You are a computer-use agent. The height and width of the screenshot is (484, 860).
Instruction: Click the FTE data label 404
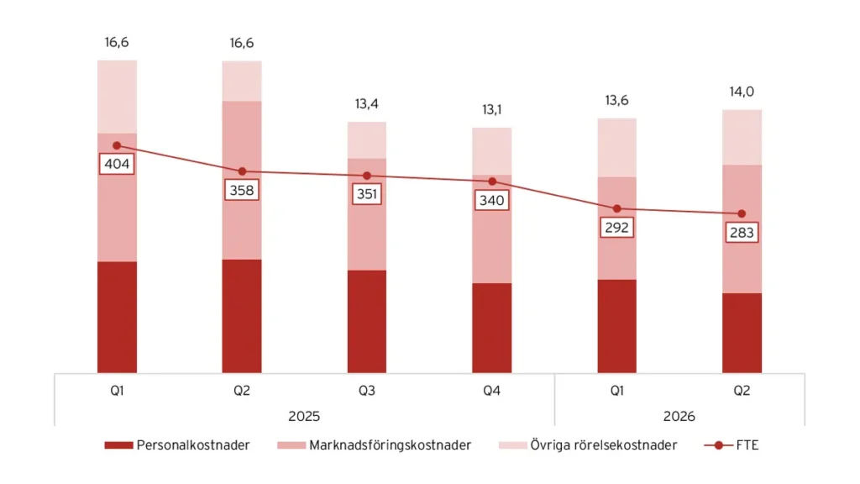click(117, 164)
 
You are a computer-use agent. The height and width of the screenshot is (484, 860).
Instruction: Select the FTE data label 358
click(242, 191)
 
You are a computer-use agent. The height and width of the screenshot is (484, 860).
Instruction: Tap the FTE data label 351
click(367, 194)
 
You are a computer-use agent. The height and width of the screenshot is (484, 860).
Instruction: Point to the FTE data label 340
click(492, 200)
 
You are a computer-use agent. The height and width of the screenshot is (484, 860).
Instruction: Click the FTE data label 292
click(617, 227)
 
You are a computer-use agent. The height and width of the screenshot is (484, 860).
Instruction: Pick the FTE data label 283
click(742, 233)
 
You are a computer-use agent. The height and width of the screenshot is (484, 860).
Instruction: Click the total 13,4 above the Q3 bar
click(367, 103)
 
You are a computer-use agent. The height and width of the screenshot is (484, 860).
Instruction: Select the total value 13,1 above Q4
click(492, 110)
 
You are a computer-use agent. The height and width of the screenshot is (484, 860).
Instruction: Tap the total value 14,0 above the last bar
click(742, 92)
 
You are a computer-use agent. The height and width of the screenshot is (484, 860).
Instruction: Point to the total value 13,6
click(617, 101)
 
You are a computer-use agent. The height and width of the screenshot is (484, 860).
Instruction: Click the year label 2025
click(304, 417)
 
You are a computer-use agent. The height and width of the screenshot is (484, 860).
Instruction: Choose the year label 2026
click(679, 417)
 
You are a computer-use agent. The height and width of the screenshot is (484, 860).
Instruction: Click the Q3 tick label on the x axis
click(367, 391)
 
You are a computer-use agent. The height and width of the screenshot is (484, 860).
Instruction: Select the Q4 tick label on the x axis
click(492, 391)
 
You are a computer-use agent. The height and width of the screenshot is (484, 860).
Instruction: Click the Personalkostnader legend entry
click(177, 445)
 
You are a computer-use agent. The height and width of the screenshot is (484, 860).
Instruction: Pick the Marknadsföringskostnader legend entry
click(375, 445)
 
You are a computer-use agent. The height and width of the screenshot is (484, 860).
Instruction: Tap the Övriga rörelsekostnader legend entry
click(588, 445)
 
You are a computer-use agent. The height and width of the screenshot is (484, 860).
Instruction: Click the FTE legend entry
click(732, 445)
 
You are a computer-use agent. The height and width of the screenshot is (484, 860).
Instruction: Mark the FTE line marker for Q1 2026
click(617, 208)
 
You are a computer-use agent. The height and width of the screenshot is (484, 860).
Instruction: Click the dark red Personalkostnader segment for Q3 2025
click(367, 322)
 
